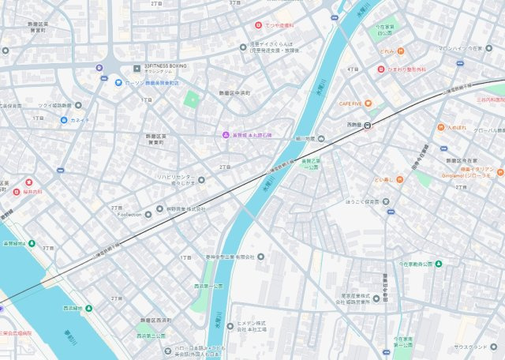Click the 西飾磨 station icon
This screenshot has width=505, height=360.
pos(368,124)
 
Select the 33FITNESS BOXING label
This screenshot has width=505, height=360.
pos(166,67)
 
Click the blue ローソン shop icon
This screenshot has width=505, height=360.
pos(118,82)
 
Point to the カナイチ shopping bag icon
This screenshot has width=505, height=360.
pos(63,121)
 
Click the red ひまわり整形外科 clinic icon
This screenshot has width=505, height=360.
pos(379,69)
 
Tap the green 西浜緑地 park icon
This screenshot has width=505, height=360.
pos(88,308)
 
